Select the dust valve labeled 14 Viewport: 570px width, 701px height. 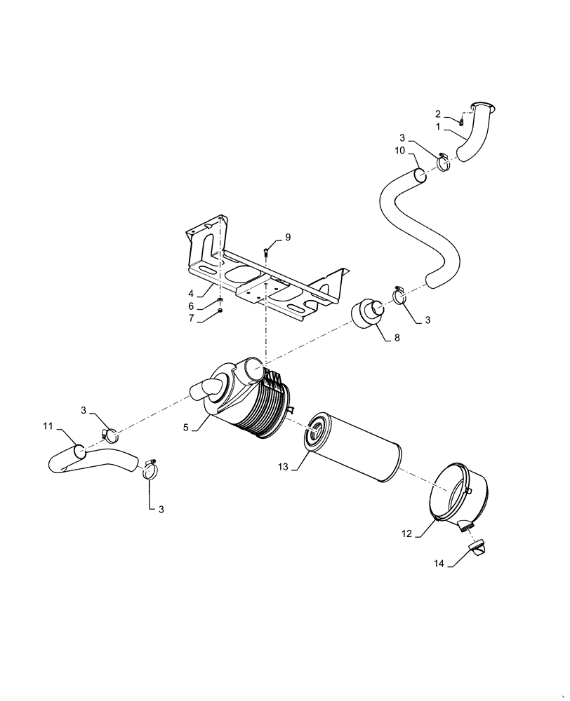click(x=477, y=550)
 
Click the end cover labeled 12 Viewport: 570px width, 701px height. click(x=460, y=494)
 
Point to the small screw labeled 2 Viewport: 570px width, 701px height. click(x=464, y=122)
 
